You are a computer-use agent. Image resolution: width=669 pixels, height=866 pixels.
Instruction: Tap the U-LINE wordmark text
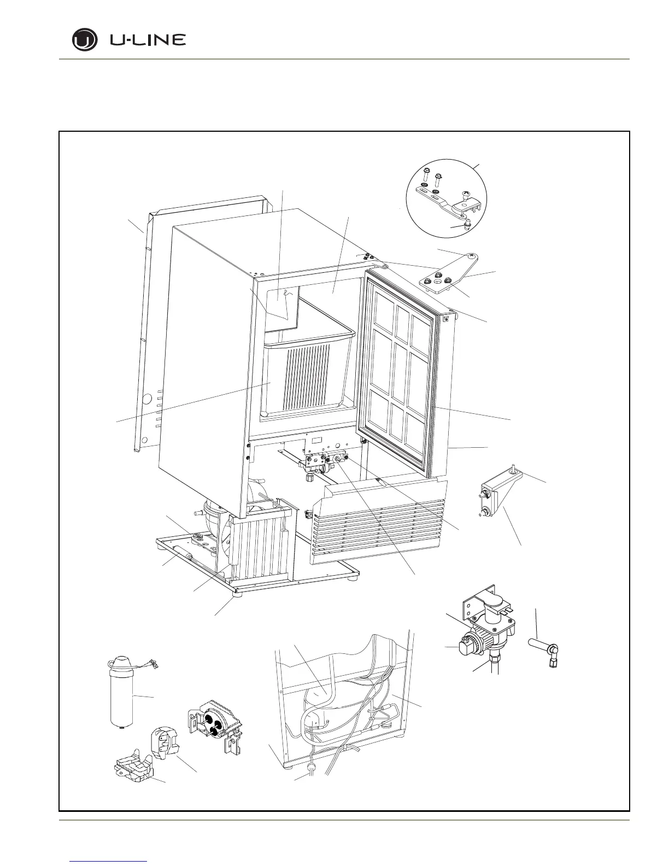(148, 40)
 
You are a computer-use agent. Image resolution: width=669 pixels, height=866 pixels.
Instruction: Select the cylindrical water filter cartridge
(120, 692)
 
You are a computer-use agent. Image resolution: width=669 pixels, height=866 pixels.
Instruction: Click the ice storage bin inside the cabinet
(303, 372)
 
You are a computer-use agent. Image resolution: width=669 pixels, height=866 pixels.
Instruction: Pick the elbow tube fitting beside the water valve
(544, 651)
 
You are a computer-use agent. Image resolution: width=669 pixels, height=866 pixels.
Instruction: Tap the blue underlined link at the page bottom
(109, 862)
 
